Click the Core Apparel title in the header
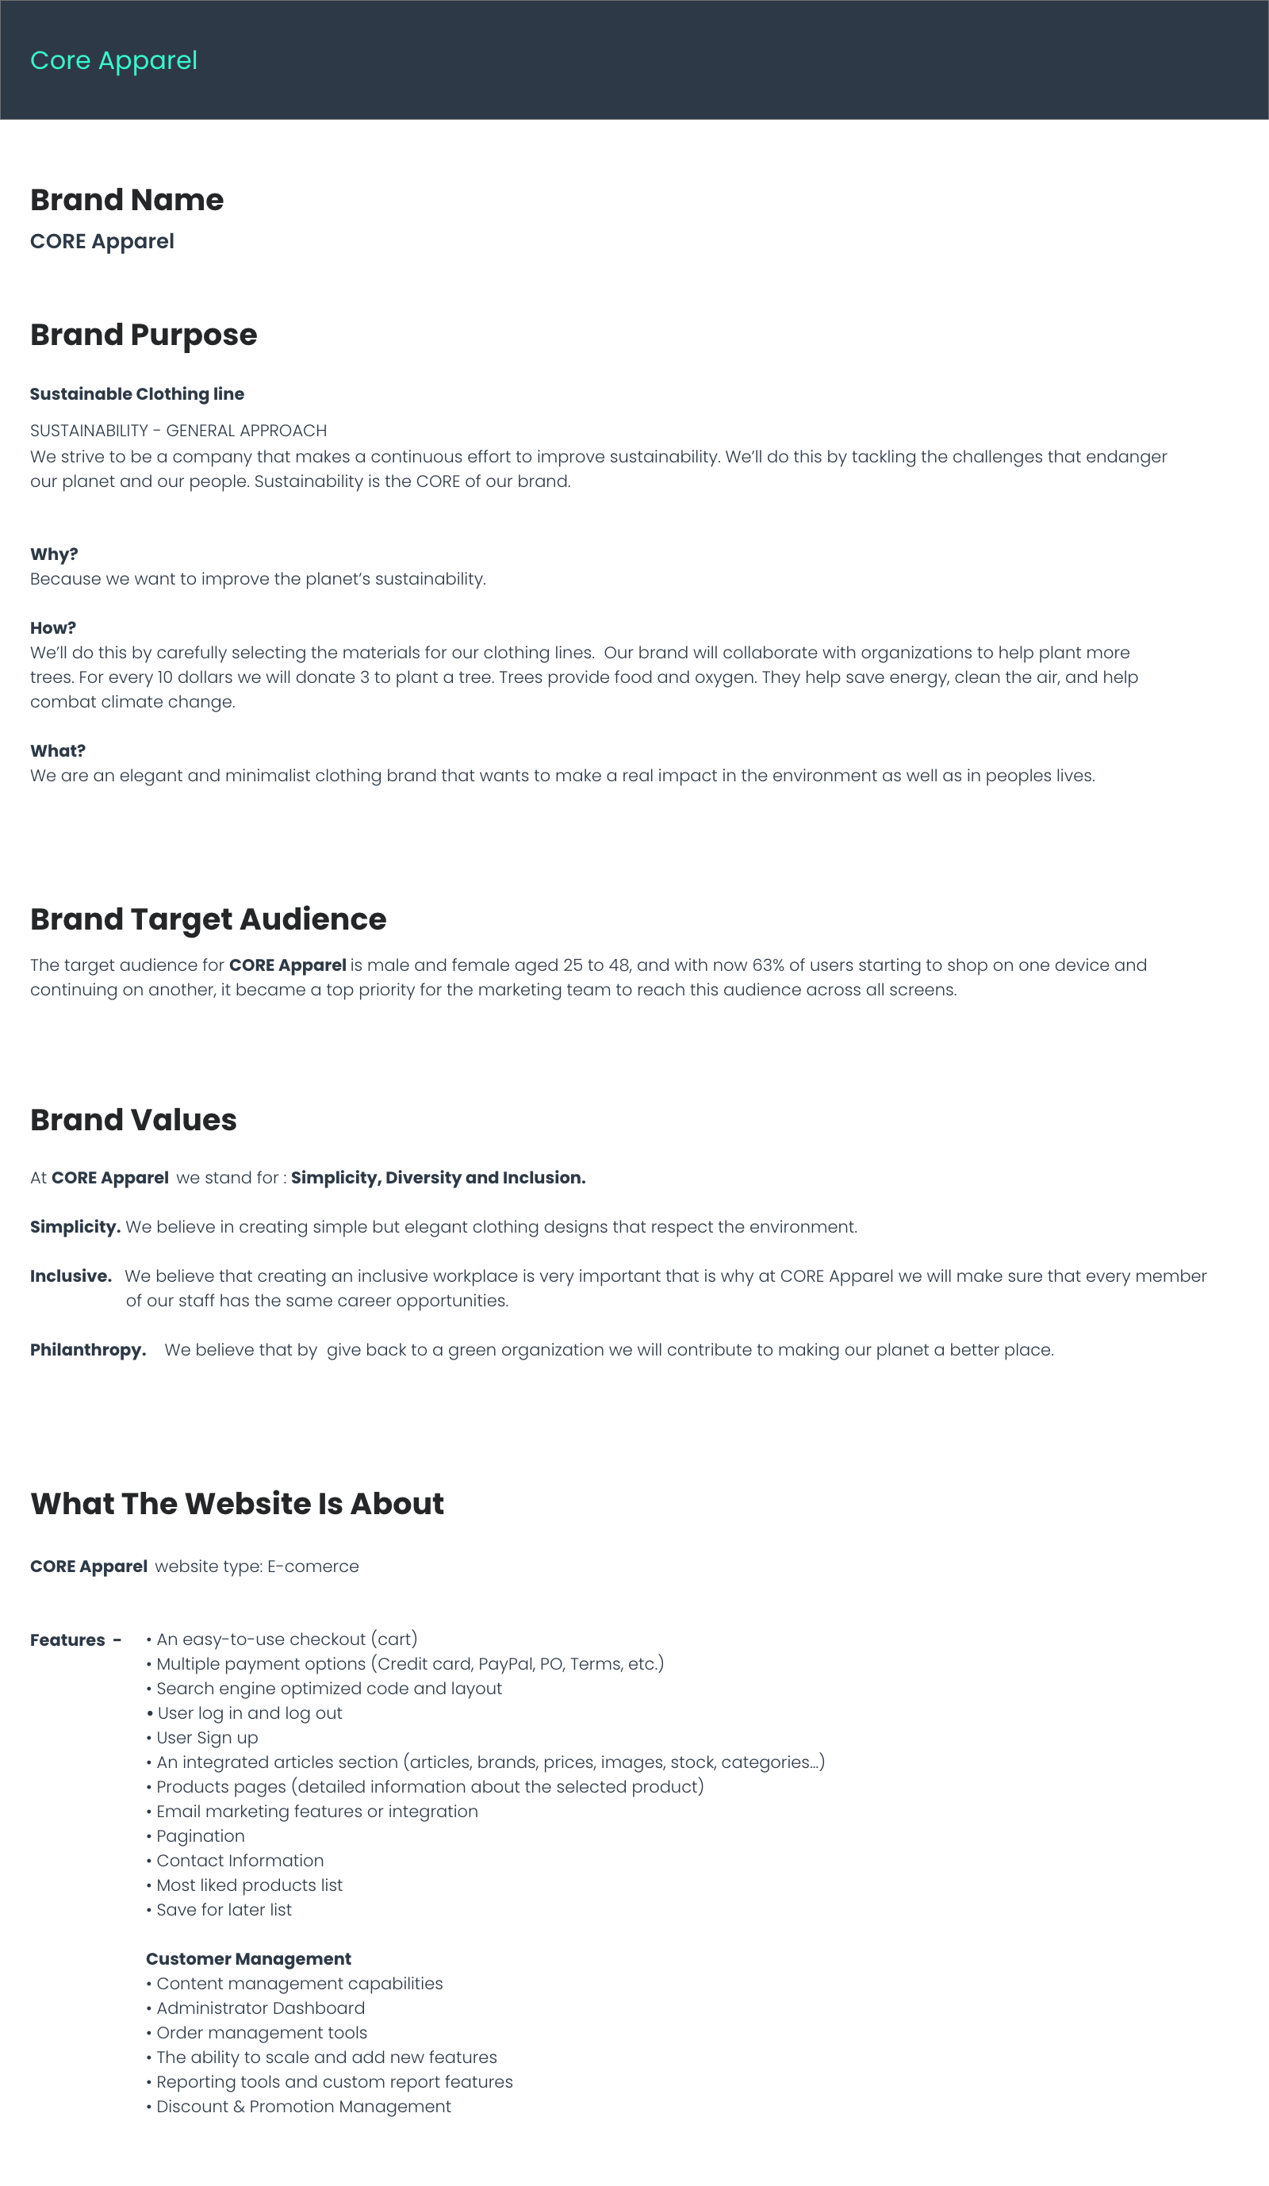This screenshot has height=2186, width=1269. click(x=113, y=61)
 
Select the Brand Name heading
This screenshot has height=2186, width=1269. click(x=127, y=201)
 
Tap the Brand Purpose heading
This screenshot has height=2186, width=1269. click(x=143, y=335)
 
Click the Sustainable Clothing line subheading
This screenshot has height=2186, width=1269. click(x=137, y=394)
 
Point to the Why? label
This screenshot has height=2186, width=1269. click(x=54, y=554)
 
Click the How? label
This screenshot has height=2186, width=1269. click(x=53, y=628)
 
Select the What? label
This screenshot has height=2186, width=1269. click(x=57, y=751)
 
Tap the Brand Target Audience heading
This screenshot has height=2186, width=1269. click(x=208, y=919)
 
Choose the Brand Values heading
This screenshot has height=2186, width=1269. click(x=133, y=1120)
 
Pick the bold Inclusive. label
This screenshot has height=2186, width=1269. click(x=71, y=1277)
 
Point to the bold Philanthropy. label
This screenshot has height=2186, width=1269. click(x=87, y=1351)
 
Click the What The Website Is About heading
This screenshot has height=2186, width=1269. click(x=237, y=1503)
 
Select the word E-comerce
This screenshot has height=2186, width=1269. click(x=313, y=1567)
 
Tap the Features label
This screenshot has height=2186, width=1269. click(x=67, y=1640)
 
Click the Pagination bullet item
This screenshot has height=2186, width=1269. click(x=201, y=1836)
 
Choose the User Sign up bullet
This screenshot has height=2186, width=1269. click(x=207, y=1738)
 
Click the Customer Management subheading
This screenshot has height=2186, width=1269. click(x=248, y=1960)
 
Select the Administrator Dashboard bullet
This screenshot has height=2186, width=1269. click(x=260, y=2008)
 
